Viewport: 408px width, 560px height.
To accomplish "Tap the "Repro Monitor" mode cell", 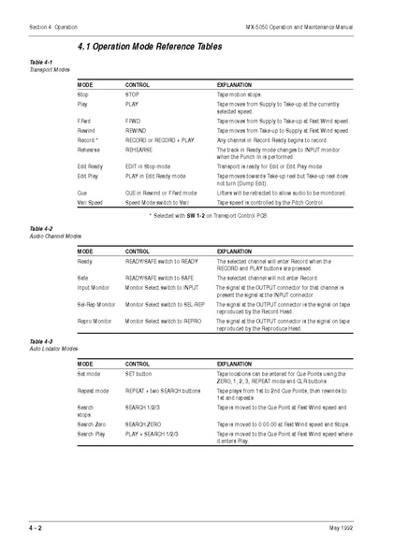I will coord(95,321).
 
